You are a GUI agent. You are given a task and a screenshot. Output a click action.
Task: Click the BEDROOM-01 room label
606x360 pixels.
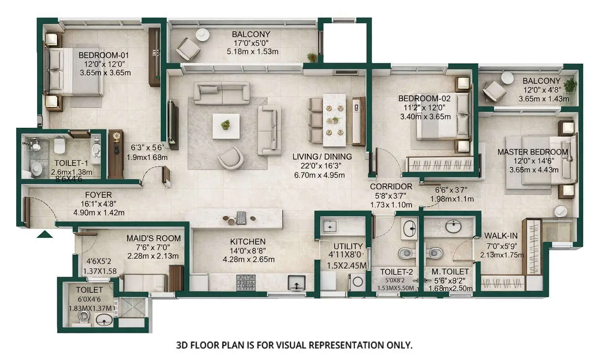click(103, 55)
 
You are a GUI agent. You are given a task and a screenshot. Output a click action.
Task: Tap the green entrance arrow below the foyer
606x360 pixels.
click(45, 235)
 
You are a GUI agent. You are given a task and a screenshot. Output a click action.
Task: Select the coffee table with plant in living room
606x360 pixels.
click(226, 126)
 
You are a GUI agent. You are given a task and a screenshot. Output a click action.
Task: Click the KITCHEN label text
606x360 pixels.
click(248, 241)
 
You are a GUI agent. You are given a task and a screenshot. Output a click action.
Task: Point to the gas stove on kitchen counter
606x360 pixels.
click(246, 283)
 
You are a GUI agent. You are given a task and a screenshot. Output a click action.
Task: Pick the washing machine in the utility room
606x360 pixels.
click(358, 282)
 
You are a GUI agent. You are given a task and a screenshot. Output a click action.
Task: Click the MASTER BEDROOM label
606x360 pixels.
click(532, 152)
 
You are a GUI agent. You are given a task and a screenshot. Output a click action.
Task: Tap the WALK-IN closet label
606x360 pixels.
click(501, 236)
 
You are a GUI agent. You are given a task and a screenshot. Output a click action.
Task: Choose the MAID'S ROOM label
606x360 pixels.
click(153, 238)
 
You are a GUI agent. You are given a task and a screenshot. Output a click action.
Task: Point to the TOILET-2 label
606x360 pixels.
click(396, 272)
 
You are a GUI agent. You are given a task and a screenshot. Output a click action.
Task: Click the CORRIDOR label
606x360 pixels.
click(391, 187)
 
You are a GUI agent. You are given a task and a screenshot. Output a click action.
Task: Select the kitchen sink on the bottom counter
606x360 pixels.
click(296, 283)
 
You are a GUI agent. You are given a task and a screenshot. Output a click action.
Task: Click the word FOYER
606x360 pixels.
click(98, 195)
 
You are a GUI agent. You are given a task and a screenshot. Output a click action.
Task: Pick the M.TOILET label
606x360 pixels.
click(450, 272)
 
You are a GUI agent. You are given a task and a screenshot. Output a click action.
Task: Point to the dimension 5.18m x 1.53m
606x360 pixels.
click(252, 52)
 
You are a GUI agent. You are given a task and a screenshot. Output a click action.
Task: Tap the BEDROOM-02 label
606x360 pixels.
click(424, 98)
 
